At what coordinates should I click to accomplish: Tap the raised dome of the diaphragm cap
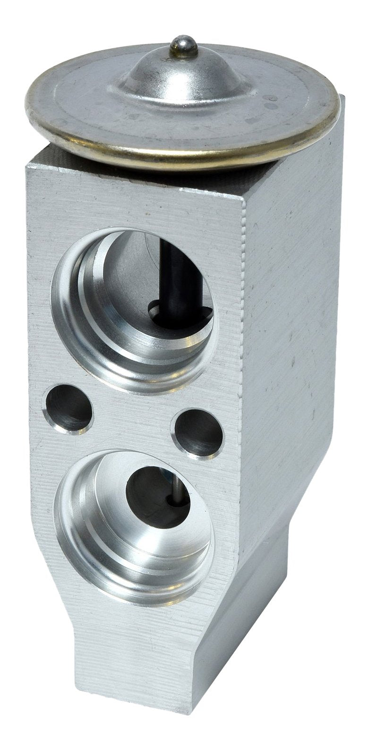184,76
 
